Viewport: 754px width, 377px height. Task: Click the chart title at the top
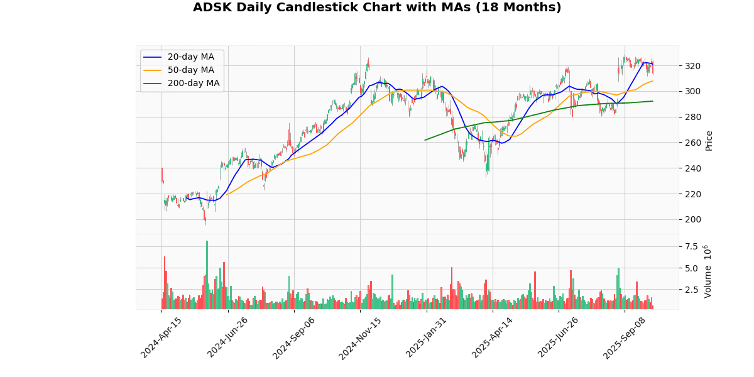377,8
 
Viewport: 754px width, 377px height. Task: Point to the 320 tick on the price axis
692,66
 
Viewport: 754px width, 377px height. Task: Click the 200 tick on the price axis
692,219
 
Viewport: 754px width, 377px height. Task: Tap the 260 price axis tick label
692,143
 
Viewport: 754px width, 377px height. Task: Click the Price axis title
709,140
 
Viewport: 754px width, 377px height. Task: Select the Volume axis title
708,271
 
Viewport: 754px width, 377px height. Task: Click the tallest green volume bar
207,275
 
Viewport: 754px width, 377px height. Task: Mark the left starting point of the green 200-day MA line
425,140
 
